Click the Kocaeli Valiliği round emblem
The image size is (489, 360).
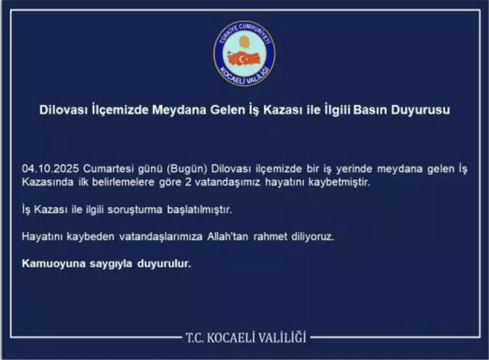pyautogui.click(x=244, y=54)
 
